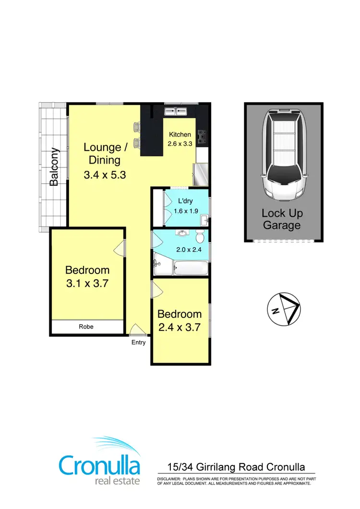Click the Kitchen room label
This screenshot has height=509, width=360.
click(x=180, y=135)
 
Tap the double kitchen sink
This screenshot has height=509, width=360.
click(x=176, y=112)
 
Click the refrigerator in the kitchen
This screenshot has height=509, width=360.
click(x=200, y=174)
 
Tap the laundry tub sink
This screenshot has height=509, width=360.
click(x=204, y=220)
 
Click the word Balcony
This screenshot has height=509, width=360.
click(x=54, y=166)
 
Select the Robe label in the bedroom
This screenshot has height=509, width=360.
click(x=87, y=327)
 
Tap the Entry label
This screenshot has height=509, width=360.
click(x=138, y=343)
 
